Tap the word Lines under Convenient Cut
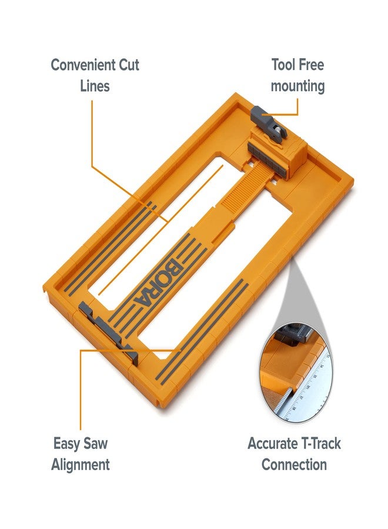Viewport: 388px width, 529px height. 95,86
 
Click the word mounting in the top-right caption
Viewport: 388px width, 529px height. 297,86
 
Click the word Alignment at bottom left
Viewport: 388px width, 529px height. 81,465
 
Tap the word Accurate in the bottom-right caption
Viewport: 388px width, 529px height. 273,444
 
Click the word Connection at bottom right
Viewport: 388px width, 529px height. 294,465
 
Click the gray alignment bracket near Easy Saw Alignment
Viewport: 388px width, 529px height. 109,332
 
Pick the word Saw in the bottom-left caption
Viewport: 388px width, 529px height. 95,444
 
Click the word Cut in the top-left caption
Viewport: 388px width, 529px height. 128,65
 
